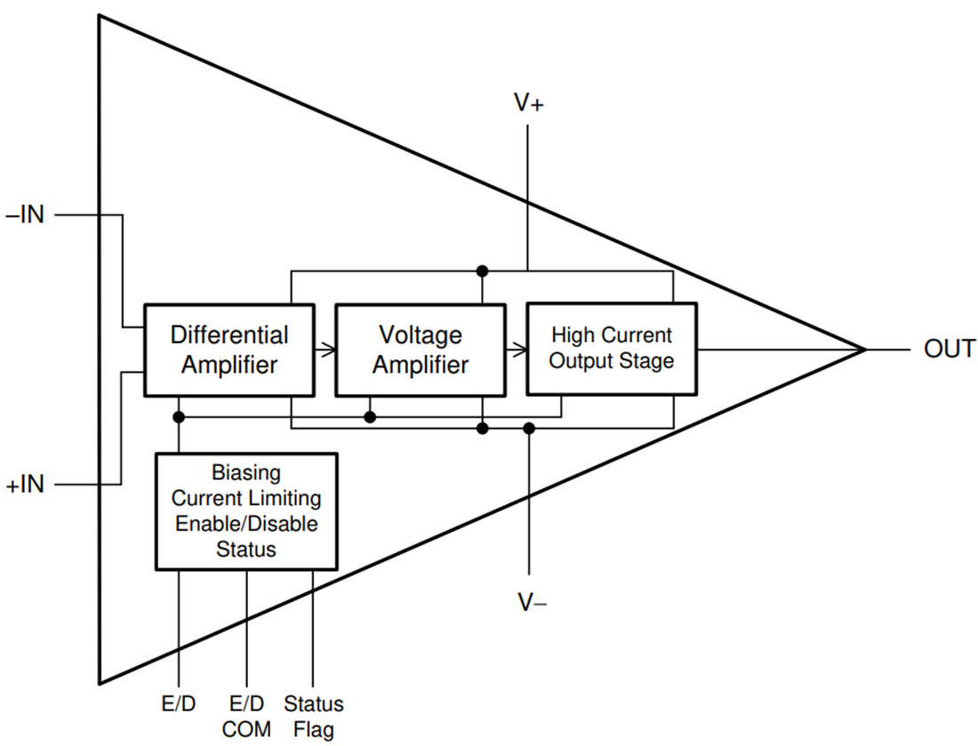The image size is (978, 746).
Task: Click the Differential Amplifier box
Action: click(x=228, y=349)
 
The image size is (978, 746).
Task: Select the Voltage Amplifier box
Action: click(x=420, y=349)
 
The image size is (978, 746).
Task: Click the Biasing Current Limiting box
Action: click(x=246, y=510)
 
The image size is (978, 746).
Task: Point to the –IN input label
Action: click(x=25, y=216)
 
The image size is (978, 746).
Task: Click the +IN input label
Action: click(x=25, y=485)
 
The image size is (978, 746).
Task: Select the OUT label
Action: click(x=949, y=349)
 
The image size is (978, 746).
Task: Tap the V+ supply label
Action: click(x=529, y=103)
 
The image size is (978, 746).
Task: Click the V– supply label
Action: click(x=532, y=603)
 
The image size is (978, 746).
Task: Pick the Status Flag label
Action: click(x=313, y=717)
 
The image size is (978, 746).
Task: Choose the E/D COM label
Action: click(x=246, y=717)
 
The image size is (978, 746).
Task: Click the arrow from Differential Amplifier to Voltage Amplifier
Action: click(x=325, y=350)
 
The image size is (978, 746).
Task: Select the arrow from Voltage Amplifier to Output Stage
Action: click(x=517, y=350)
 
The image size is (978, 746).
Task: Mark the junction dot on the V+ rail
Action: click(x=482, y=270)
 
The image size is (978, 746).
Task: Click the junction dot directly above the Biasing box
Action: click(x=179, y=416)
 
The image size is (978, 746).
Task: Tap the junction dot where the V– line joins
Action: click(x=529, y=429)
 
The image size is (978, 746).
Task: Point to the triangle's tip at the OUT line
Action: click(x=864, y=349)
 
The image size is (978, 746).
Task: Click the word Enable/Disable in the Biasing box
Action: click(x=246, y=524)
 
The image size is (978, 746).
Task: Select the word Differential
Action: click(x=229, y=335)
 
